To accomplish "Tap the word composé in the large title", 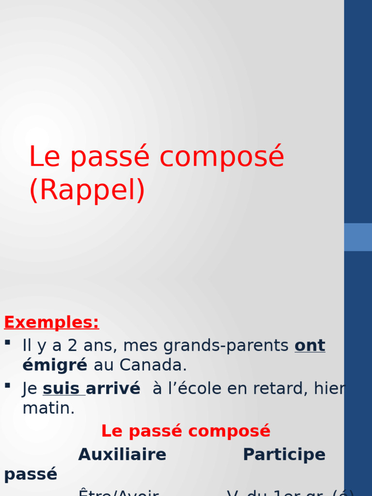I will [221, 157].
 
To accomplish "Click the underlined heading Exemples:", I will [51, 322].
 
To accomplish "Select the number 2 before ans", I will [72, 346].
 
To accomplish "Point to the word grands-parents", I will [226, 346].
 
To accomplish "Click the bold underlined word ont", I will [310, 346].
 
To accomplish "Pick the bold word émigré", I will [55, 365].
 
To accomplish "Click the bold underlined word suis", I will [63, 388].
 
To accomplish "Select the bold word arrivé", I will [113, 388].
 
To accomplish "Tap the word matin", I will [48, 408].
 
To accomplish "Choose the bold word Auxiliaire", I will [122, 455].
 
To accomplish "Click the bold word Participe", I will [284, 455].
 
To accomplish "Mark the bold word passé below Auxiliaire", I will [31, 474].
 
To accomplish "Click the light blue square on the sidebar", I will [358, 237].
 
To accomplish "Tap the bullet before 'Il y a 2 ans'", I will [7, 342].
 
